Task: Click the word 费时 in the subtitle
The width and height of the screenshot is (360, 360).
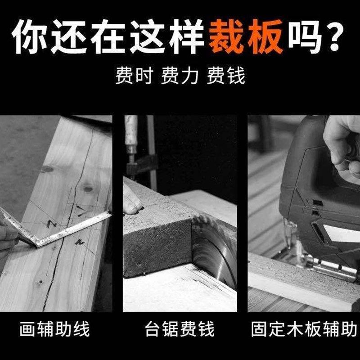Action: (134, 76)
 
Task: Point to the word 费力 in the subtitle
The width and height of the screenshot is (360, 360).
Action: (180, 76)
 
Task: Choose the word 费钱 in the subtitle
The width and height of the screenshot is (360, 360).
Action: (226, 76)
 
